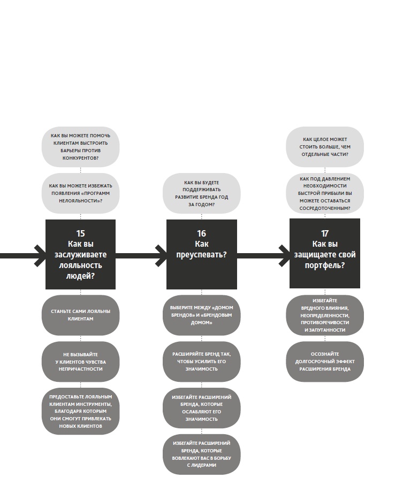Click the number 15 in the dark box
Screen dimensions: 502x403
80,233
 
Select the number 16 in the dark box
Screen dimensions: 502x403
201,233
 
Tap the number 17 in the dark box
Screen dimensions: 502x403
325,233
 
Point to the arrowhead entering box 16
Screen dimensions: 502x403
162,256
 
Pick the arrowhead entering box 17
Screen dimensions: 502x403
285,256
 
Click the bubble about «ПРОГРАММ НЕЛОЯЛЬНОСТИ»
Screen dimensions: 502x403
80,193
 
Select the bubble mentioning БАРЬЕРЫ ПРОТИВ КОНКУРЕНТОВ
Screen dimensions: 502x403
80,147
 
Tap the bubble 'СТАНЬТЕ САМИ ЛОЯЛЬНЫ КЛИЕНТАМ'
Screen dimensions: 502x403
80,315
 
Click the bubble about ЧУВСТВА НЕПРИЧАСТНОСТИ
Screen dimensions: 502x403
80,362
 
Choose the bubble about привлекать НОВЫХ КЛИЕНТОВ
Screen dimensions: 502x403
80,411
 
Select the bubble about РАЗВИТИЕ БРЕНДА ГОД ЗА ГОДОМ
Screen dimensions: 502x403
201,193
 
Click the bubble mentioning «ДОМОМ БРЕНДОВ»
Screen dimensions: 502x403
201,315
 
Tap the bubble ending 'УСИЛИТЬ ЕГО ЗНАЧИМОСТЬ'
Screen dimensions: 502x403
201,362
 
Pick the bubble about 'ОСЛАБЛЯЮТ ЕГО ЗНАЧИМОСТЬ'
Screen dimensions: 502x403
201,408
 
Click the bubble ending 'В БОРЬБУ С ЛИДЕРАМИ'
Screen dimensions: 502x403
201,454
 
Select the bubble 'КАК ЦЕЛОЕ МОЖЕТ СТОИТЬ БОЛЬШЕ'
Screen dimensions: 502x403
325,147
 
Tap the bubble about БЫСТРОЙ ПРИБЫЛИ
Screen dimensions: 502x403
325,193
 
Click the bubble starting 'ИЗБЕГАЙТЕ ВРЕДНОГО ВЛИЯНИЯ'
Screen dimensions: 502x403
325,315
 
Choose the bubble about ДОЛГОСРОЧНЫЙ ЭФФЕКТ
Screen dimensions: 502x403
325,362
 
